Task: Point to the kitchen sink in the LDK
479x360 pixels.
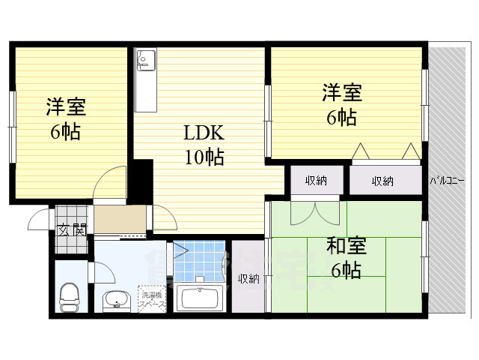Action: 144,59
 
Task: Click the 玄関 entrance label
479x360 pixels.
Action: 73,229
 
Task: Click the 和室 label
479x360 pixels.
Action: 346,246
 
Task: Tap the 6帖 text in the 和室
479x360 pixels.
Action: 346,270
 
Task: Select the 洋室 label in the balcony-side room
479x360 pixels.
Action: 342,94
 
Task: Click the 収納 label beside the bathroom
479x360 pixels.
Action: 248,279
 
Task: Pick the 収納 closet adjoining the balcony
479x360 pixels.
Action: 382,181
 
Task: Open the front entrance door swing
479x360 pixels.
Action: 38,220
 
